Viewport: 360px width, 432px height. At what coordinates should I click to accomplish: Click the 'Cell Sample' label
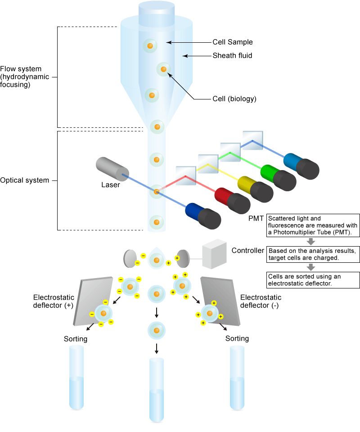(x=233, y=42)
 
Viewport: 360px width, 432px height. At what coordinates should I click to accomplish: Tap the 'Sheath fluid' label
(x=232, y=56)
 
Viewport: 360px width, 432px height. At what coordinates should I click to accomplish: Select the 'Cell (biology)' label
(x=234, y=99)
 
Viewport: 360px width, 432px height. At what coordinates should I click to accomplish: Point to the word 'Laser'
(x=110, y=184)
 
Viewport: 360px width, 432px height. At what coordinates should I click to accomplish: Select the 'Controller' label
(x=247, y=250)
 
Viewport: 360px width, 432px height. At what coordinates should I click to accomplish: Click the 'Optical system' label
(x=24, y=180)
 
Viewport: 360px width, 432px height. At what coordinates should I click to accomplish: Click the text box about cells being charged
(x=313, y=254)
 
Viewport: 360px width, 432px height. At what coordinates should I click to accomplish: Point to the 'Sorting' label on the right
(x=237, y=338)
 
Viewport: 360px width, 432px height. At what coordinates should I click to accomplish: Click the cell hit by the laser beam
(x=157, y=192)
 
